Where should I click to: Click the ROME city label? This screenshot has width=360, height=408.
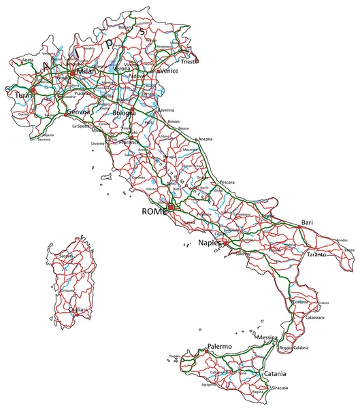154,212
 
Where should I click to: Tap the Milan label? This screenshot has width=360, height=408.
86,71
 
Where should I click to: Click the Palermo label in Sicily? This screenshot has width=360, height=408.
220,346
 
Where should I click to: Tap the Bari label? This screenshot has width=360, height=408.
308,223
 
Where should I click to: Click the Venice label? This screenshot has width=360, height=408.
170,70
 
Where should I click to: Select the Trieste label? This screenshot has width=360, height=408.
190,62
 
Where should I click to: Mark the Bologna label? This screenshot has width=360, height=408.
124,112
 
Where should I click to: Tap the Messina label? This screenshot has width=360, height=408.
267,338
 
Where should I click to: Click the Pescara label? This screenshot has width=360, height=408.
227,183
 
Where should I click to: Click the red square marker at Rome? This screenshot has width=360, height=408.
171,206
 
